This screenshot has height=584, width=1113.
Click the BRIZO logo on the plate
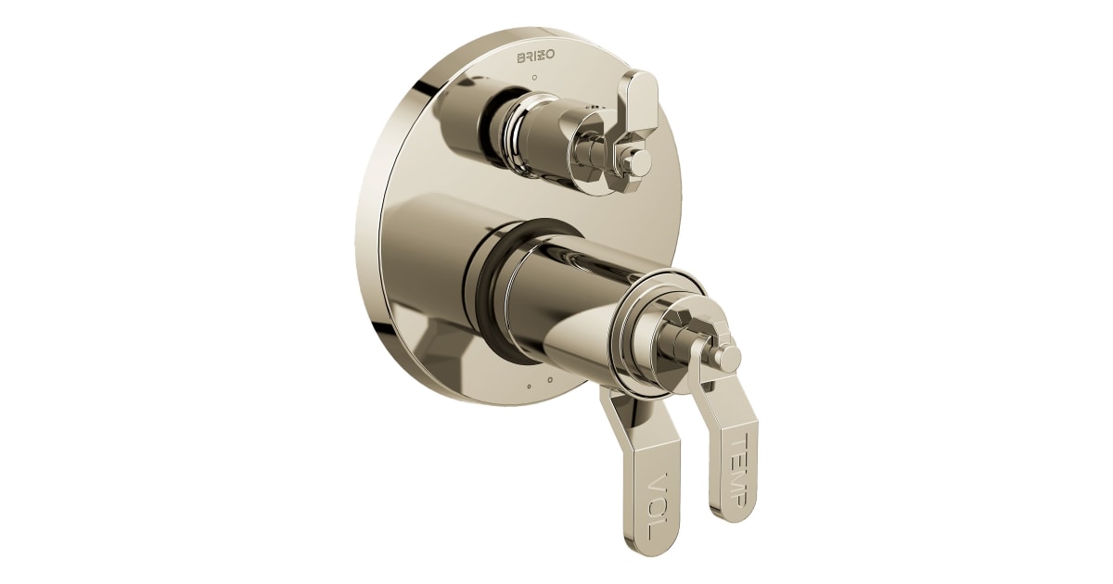coord(535,57)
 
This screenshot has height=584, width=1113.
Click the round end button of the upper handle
coord(639,162)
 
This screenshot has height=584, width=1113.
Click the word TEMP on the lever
coord(730,470)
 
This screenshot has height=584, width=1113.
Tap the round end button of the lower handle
coord(729,357)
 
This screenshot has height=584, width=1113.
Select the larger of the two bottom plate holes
coord(549,379)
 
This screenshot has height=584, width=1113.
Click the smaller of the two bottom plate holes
coord(528,385)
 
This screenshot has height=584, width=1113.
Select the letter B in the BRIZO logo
coord(521,57)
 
